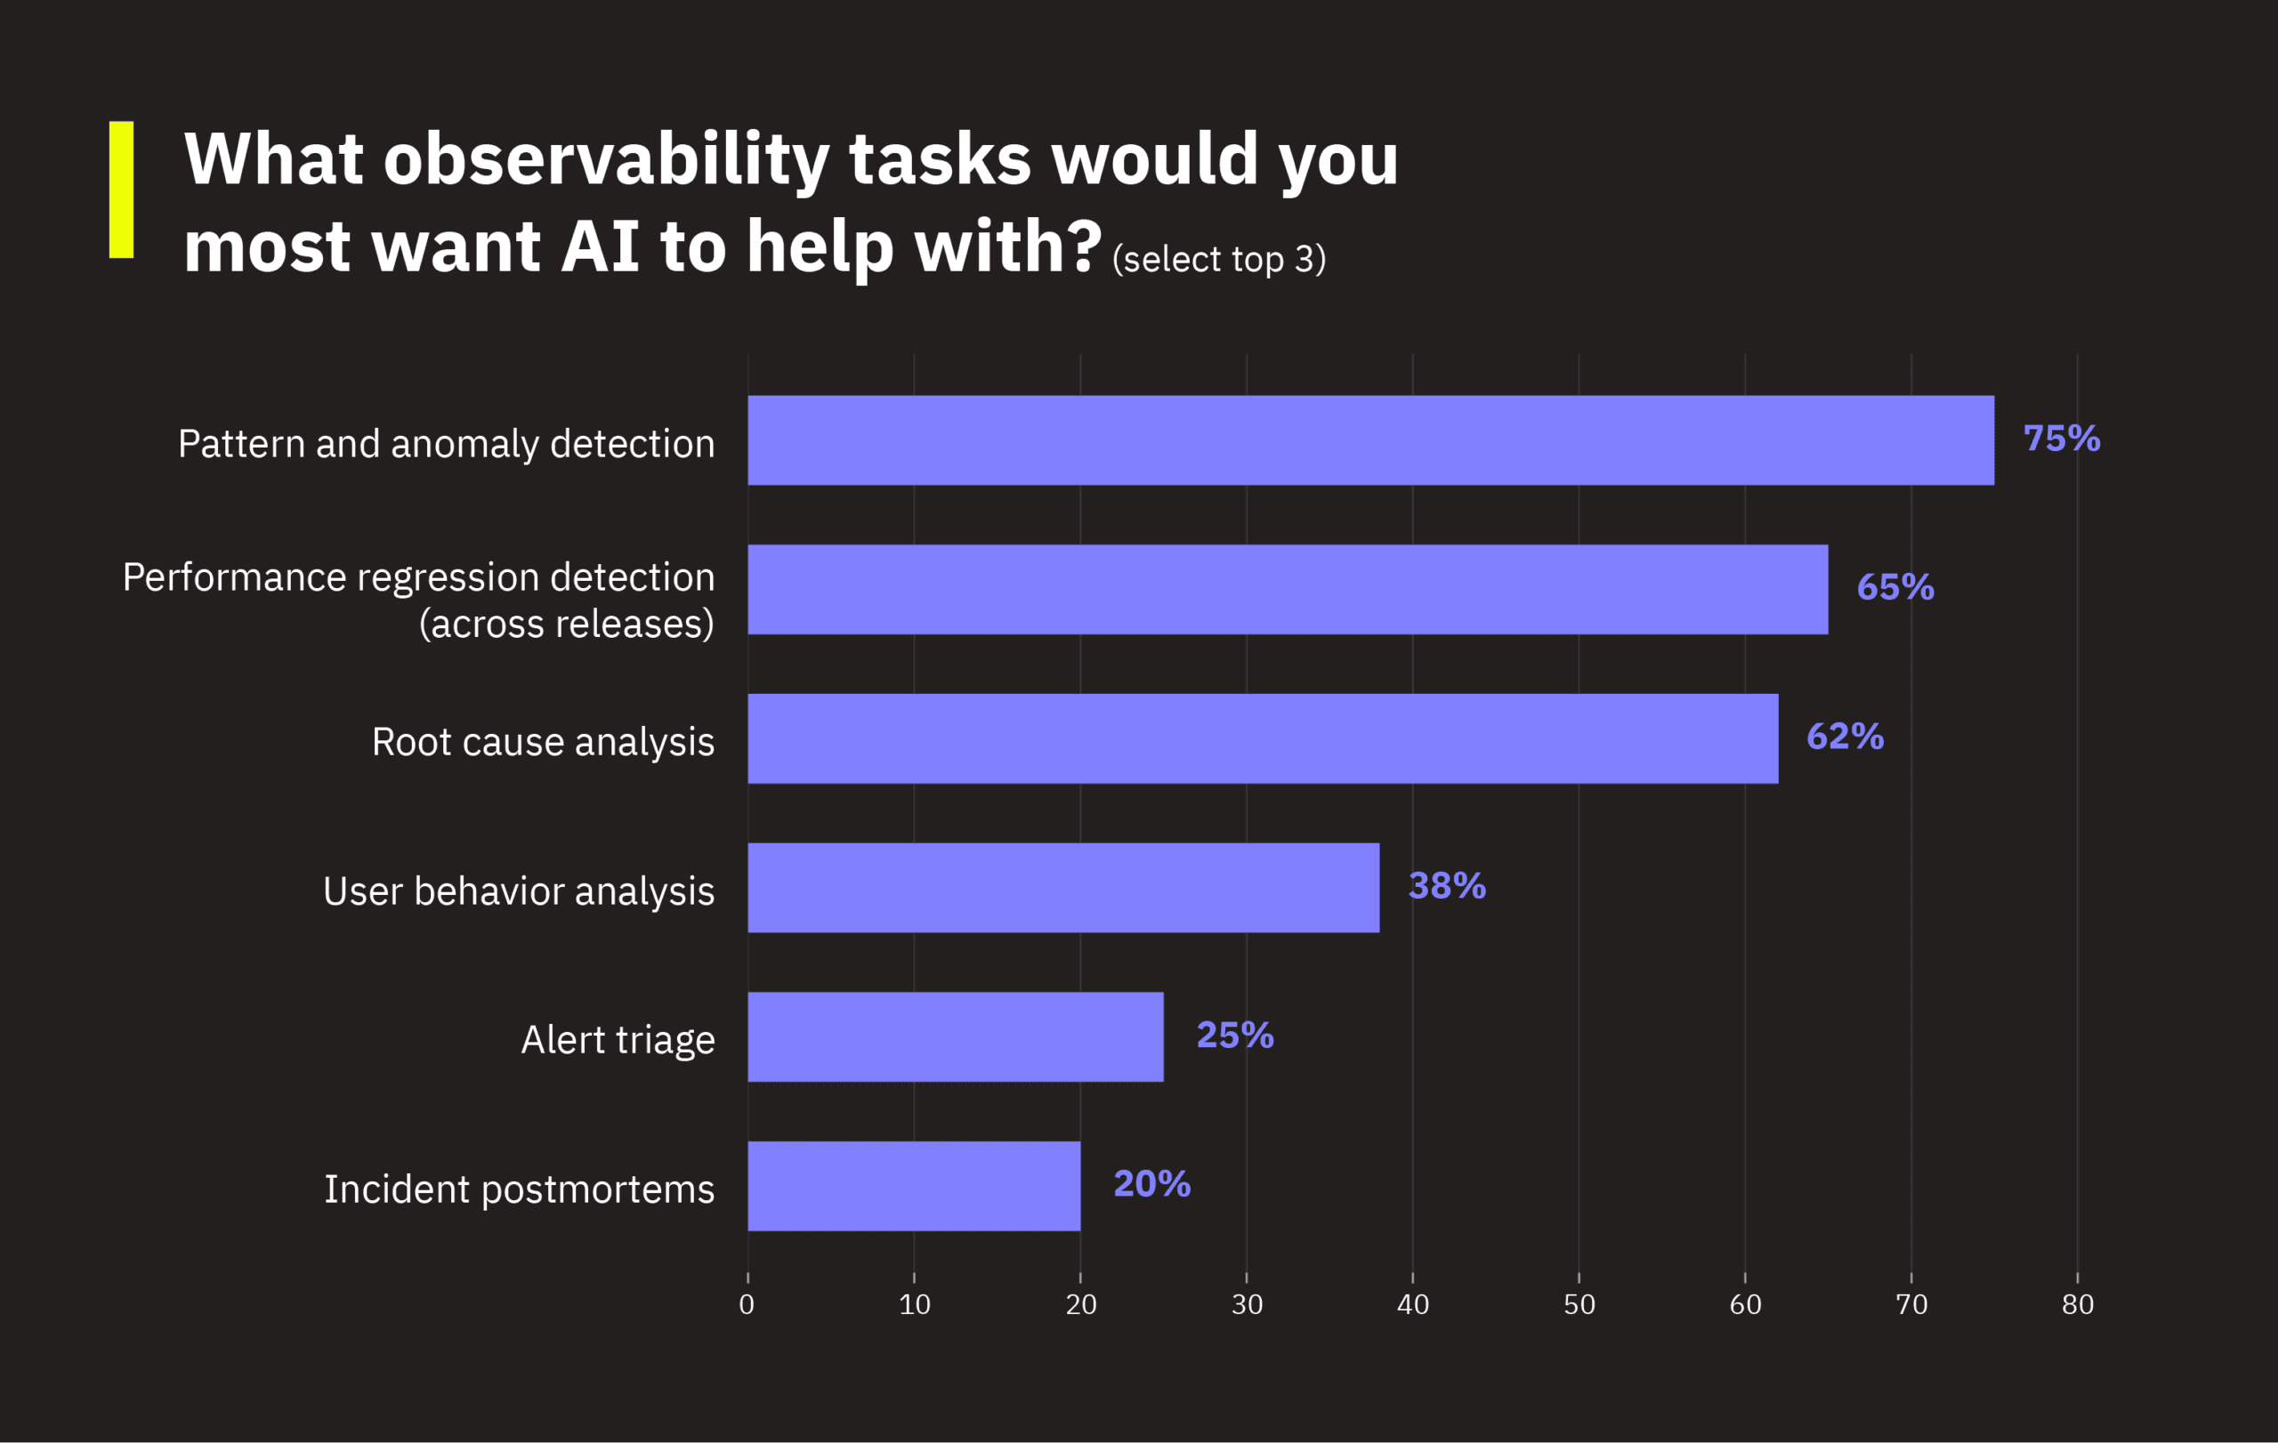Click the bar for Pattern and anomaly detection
pos(1369,440)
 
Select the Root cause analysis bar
pos(1262,738)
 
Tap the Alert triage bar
pos(955,1037)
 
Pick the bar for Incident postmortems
pos(913,1186)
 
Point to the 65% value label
pos(1894,587)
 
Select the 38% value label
pos(1447,886)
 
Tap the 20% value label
pos(1151,1184)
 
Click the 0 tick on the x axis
pos(747,1305)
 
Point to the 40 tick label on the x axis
pos(1412,1305)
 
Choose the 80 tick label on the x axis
pos(2078,1305)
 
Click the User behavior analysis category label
pos(519,891)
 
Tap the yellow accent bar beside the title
pos(121,189)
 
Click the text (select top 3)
pos(1218,259)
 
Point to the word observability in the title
pos(605,161)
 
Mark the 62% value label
pos(1845,737)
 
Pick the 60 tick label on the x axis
pos(1744,1305)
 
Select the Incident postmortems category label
pos(519,1189)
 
